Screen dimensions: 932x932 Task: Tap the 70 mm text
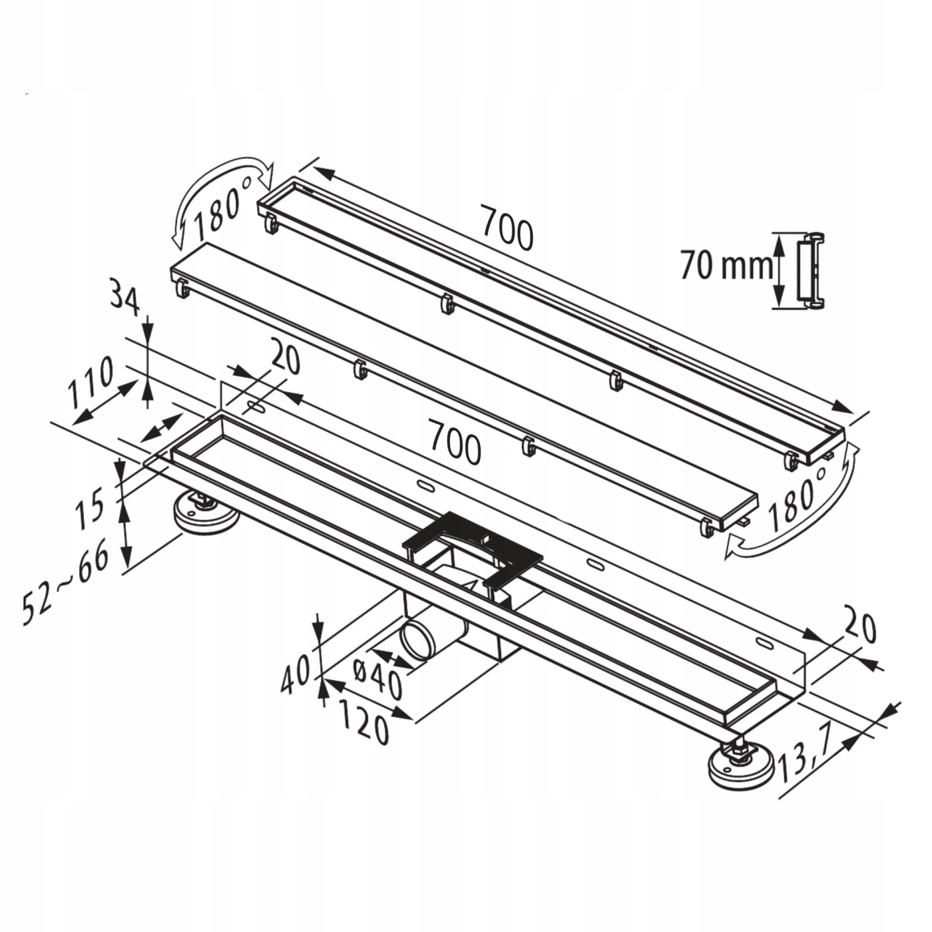coord(726,266)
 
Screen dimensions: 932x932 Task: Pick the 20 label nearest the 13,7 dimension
coord(859,628)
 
